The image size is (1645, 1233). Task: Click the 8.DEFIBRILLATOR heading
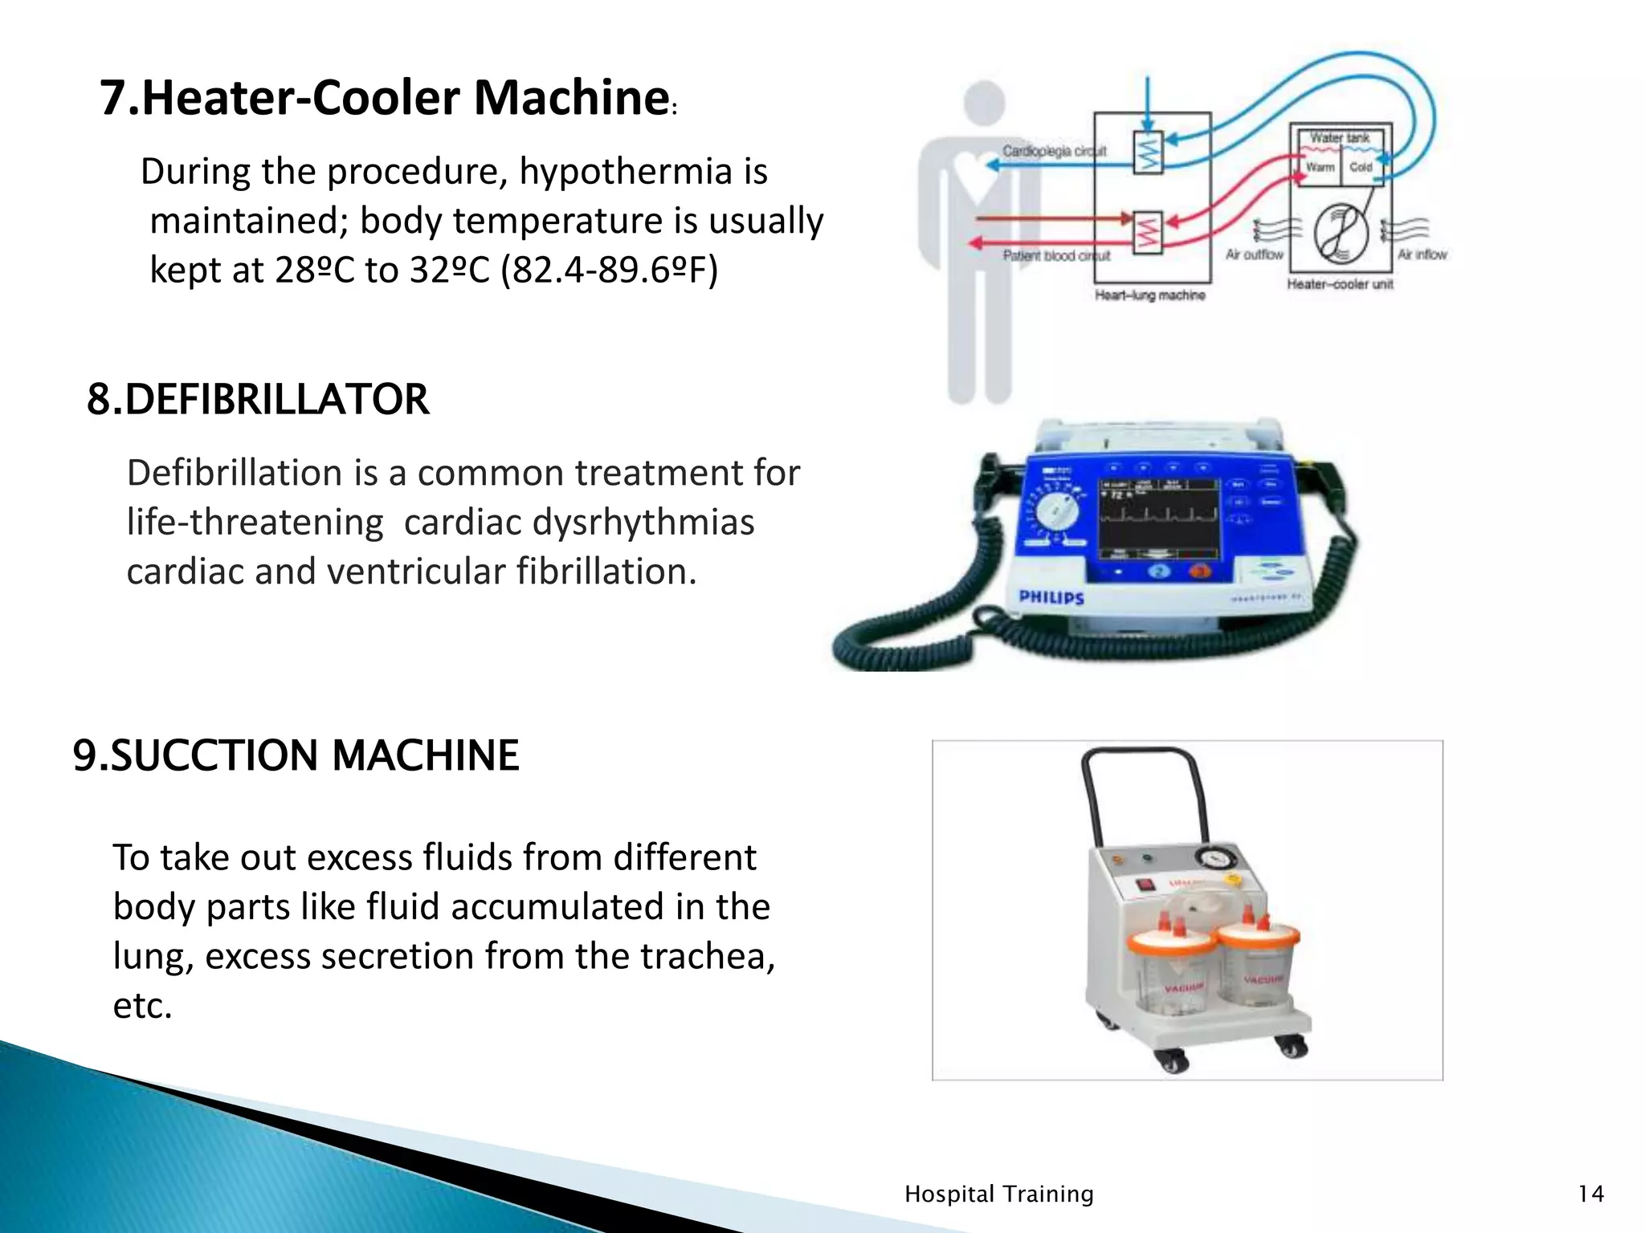point(258,400)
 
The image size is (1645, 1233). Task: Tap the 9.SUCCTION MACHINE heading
point(296,755)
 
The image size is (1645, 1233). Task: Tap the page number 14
point(1590,1194)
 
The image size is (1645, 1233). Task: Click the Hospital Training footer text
point(998,1194)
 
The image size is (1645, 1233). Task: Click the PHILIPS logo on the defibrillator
point(1051,597)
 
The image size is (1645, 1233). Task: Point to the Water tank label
point(1339,138)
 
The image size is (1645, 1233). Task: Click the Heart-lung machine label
point(1149,295)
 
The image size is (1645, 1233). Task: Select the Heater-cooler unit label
point(1339,284)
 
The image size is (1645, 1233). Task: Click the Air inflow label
point(1422,254)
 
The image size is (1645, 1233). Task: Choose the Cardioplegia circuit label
point(1054,151)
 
